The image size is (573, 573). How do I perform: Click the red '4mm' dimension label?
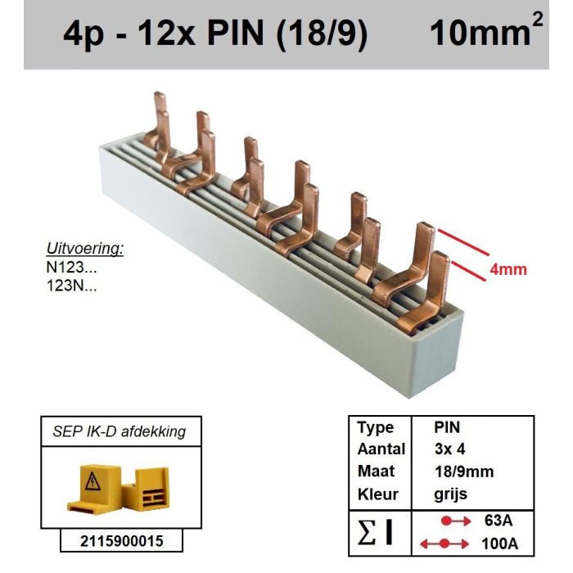(x=508, y=269)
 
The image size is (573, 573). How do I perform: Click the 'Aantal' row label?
(x=381, y=450)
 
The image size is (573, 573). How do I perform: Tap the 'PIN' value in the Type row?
(x=448, y=428)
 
